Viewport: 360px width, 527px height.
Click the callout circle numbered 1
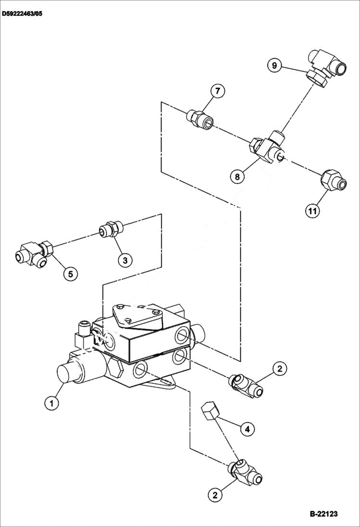coord(52,403)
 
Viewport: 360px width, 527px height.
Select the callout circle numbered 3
coord(124,260)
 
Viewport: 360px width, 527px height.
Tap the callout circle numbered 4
coord(247,429)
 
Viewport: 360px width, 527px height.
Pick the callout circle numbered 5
coord(70,273)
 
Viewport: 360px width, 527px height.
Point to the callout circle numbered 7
coord(217,91)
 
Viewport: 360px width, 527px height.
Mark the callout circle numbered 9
coord(274,65)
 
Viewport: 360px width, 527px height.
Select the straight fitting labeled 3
coord(111,229)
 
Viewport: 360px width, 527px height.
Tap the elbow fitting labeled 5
coord(32,254)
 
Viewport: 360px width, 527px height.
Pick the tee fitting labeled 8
coord(267,147)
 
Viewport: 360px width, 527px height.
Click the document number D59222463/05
coord(22,14)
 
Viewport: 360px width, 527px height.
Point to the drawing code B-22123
coord(323,514)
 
